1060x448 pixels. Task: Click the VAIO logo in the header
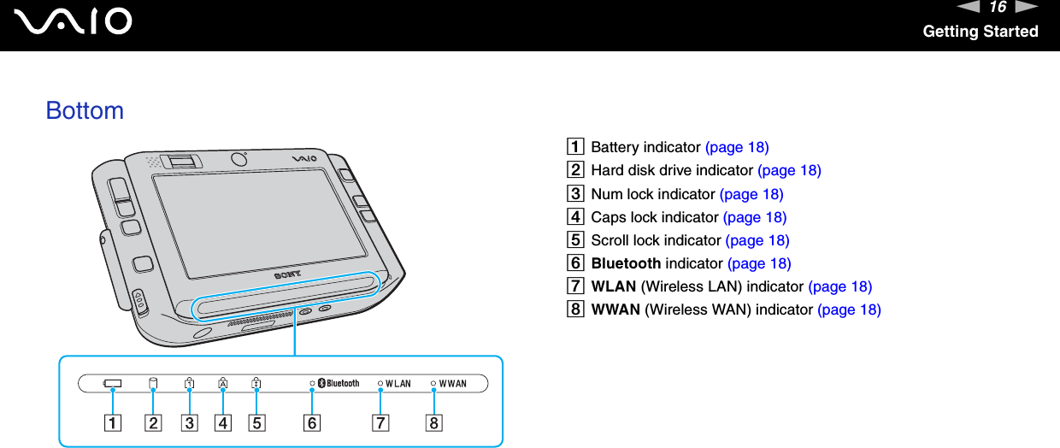78,21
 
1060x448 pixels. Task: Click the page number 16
998,8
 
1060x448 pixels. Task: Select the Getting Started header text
980,32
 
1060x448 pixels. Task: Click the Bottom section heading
85,110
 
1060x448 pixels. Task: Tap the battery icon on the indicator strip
112,384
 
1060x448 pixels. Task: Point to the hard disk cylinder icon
154,383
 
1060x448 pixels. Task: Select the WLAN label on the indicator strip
397,384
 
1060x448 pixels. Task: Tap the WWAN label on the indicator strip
452,384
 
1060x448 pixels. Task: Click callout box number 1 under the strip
112,422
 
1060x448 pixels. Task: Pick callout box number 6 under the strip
312,422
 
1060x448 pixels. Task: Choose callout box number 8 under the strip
434,422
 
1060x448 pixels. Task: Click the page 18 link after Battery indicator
737,147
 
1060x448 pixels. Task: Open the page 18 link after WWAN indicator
849,309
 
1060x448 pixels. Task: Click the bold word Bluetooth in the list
626,263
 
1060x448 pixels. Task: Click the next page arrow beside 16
1027,8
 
